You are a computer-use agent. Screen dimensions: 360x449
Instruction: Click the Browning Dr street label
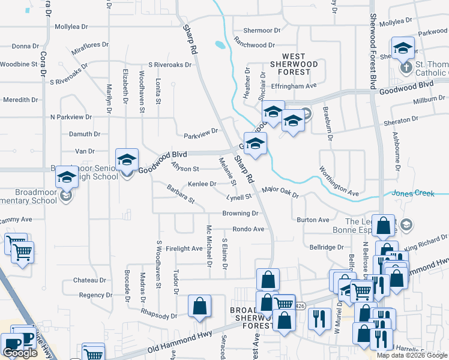point(240,213)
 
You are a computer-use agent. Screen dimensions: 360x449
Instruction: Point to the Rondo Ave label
point(249,229)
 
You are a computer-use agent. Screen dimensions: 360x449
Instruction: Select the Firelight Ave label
point(184,248)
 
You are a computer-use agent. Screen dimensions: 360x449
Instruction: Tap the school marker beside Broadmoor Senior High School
point(127,160)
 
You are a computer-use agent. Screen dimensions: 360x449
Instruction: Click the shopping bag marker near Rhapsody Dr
point(199,307)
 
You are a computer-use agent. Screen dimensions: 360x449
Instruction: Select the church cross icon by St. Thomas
point(406,66)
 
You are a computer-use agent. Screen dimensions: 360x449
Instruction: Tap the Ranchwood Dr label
point(255,45)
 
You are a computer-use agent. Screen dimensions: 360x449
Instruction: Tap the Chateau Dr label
point(89,280)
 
